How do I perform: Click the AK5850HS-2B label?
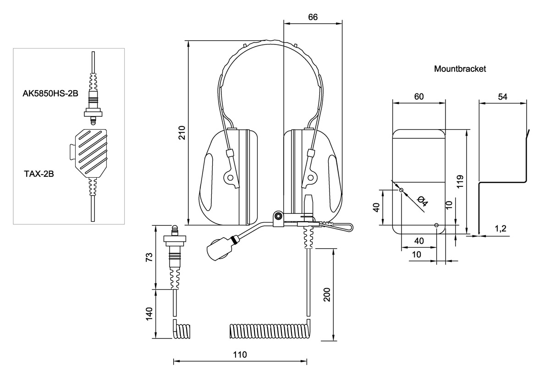(x=50, y=94)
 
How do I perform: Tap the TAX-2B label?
(x=39, y=174)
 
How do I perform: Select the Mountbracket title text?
(x=460, y=69)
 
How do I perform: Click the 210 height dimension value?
(x=182, y=132)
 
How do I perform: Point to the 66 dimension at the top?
(x=313, y=17)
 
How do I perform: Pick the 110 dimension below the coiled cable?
(x=240, y=354)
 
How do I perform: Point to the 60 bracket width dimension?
(x=418, y=96)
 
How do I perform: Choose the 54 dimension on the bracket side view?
(x=502, y=96)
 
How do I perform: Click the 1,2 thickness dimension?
(x=500, y=229)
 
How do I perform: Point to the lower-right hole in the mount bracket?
(x=436, y=225)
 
